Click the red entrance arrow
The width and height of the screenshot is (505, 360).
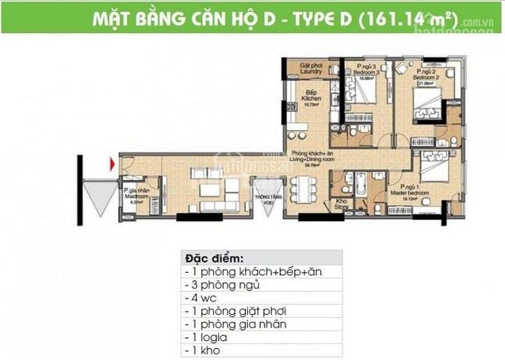tap(112, 163)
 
